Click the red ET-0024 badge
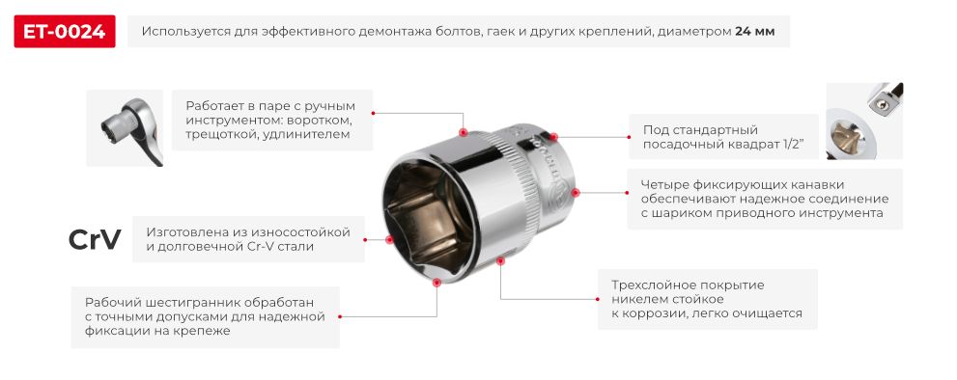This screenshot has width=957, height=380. pos(65,31)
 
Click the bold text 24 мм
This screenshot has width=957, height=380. pos(754,31)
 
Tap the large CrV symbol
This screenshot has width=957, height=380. pos(94,240)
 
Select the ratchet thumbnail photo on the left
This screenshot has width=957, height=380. pos(124,129)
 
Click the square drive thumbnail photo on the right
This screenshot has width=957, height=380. pos(864,120)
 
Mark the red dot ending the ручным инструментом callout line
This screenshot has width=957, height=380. pos(463,132)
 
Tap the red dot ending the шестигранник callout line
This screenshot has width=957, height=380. pos(437,283)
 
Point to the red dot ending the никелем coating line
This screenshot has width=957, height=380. pos(499,259)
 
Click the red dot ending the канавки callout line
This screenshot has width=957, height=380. pos(575,192)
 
